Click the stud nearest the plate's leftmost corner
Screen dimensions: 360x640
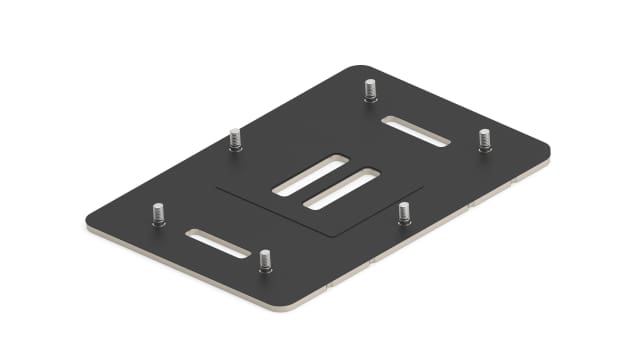158,216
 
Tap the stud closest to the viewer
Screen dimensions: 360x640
265,261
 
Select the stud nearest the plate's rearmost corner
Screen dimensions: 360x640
370,90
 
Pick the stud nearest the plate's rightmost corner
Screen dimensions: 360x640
484,140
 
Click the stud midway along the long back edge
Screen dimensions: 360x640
235,139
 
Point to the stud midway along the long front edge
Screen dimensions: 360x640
404,213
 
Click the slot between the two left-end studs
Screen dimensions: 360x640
217,243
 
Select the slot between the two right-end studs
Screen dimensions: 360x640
416,130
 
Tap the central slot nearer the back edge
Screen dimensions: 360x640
312,175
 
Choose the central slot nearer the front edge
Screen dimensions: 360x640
341,189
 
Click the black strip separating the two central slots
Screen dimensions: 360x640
327,182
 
